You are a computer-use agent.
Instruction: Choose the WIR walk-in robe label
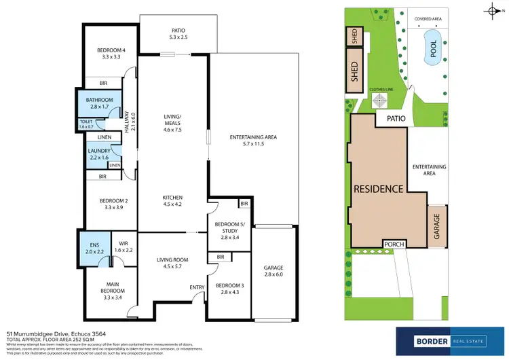point(124,248)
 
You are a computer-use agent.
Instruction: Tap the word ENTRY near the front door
point(197,287)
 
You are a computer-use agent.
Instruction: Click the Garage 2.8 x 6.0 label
point(274,272)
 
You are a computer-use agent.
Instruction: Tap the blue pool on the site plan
point(431,48)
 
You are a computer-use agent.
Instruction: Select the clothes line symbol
point(380,100)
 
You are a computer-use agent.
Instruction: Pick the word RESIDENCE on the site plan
point(378,188)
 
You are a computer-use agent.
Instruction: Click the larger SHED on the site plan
point(354,72)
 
